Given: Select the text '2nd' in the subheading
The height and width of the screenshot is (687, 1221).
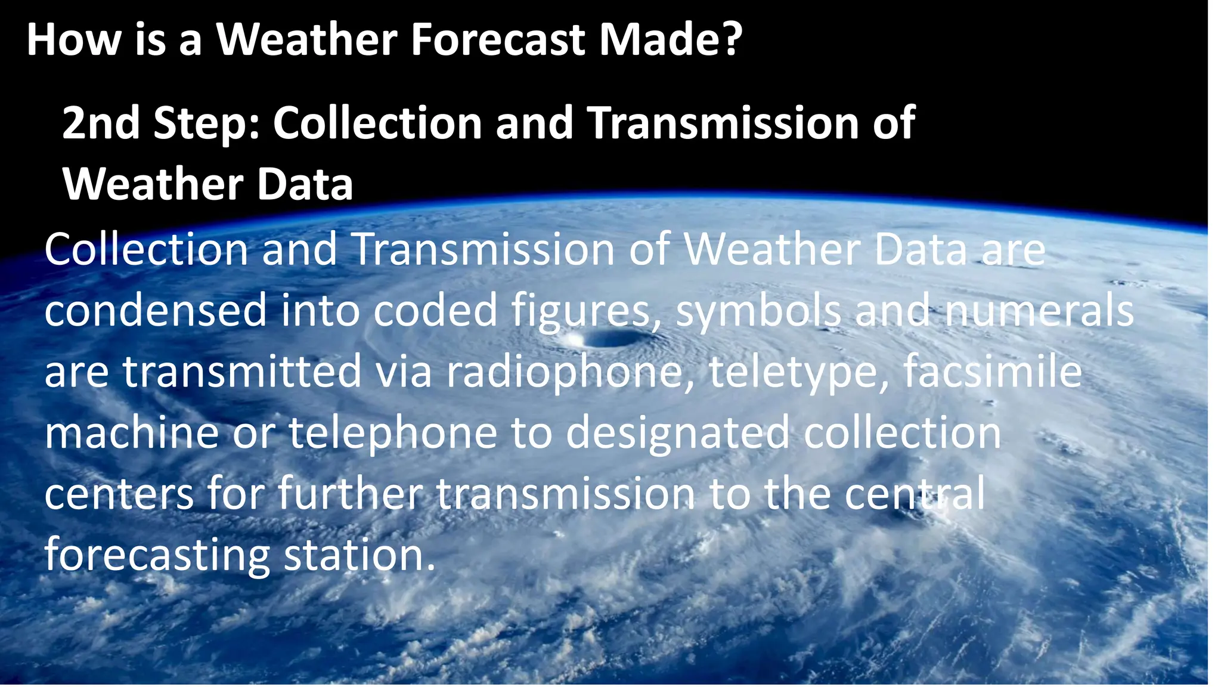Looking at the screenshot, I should pyautogui.click(x=101, y=123).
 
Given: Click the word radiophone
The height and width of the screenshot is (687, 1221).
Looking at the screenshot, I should pyautogui.click(x=569, y=372).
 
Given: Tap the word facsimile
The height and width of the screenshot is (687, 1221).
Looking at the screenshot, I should pyautogui.click(x=992, y=372).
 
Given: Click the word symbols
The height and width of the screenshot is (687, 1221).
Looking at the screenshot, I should pyautogui.click(x=758, y=311).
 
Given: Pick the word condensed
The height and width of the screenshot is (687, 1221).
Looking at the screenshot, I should pyautogui.click(x=156, y=311).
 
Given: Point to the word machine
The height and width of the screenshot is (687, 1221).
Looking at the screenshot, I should pyautogui.click(x=132, y=433).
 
